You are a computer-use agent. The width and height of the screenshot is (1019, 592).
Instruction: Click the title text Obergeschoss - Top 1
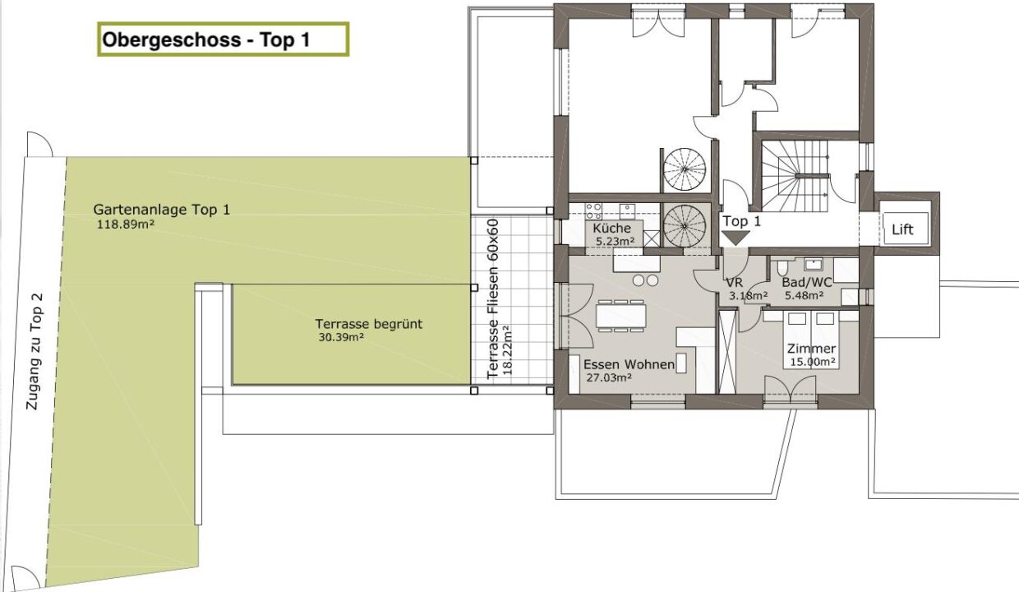pos(206,39)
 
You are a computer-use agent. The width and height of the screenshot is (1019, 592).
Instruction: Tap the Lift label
pos(902,229)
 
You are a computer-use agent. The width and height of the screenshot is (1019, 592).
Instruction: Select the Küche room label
pos(611,228)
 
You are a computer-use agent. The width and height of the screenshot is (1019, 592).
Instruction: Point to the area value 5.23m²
pos(615,242)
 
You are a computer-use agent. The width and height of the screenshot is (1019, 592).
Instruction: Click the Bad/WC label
pos(806,282)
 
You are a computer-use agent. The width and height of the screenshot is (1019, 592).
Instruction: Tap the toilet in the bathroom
pos(782,267)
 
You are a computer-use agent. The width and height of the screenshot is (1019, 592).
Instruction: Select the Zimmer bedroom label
pos(811,349)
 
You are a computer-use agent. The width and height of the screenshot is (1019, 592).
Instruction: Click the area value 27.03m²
pos(609,377)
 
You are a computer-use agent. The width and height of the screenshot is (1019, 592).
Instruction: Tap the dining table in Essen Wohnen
pos(621,316)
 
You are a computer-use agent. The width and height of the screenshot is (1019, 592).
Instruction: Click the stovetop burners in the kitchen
pos(593,211)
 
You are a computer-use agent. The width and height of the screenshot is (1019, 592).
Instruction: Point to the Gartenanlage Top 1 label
pos(162,210)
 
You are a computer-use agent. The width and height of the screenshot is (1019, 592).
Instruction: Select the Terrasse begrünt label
pos(368,324)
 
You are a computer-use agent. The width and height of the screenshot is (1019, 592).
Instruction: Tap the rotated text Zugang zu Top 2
pos(35,352)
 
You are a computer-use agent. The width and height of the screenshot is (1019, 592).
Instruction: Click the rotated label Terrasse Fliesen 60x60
pos(493,299)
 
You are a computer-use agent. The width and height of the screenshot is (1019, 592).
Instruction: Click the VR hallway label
pos(734,283)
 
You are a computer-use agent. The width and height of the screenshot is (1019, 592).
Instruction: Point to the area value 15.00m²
pos(813,362)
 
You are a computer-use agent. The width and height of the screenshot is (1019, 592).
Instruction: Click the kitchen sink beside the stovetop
pos(627,210)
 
